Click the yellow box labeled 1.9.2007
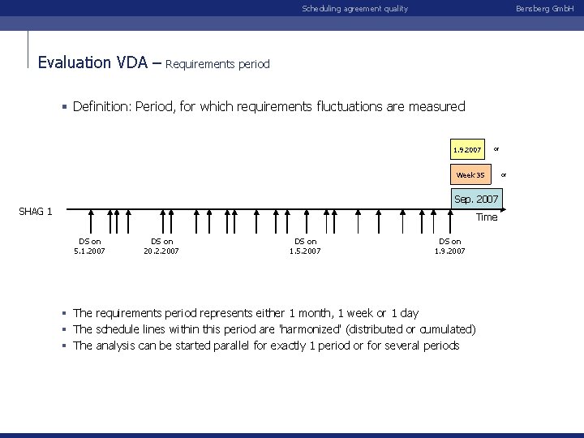pyautogui.click(x=467, y=150)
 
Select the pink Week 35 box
pyautogui.click(x=470, y=174)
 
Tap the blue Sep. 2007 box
pyautogui.click(x=476, y=199)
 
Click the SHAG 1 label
pyautogui.click(x=36, y=212)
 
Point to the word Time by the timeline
pyautogui.click(x=487, y=217)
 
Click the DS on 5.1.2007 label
pyautogui.click(x=89, y=246)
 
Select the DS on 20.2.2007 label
pyautogui.click(x=161, y=246)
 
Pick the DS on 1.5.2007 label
pyautogui.click(x=305, y=246)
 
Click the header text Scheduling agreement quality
pyautogui.click(x=354, y=8)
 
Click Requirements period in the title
pyautogui.click(x=217, y=63)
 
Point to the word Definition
pyautogui.click(x=101, y=106)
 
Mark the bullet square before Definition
pyautogui.click(x=64, y=106)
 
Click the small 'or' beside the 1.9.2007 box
pyautogui.click(x=496, y=148)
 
